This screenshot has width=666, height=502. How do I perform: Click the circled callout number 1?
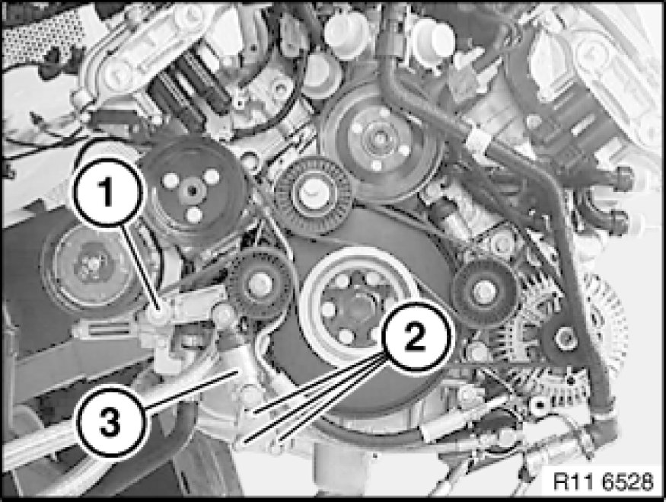107,192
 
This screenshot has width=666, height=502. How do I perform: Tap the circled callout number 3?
110,423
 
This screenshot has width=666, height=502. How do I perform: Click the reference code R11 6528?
603,481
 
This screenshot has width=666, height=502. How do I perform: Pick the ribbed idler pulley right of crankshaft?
485,292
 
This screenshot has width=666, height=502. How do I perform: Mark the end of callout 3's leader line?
237,372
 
